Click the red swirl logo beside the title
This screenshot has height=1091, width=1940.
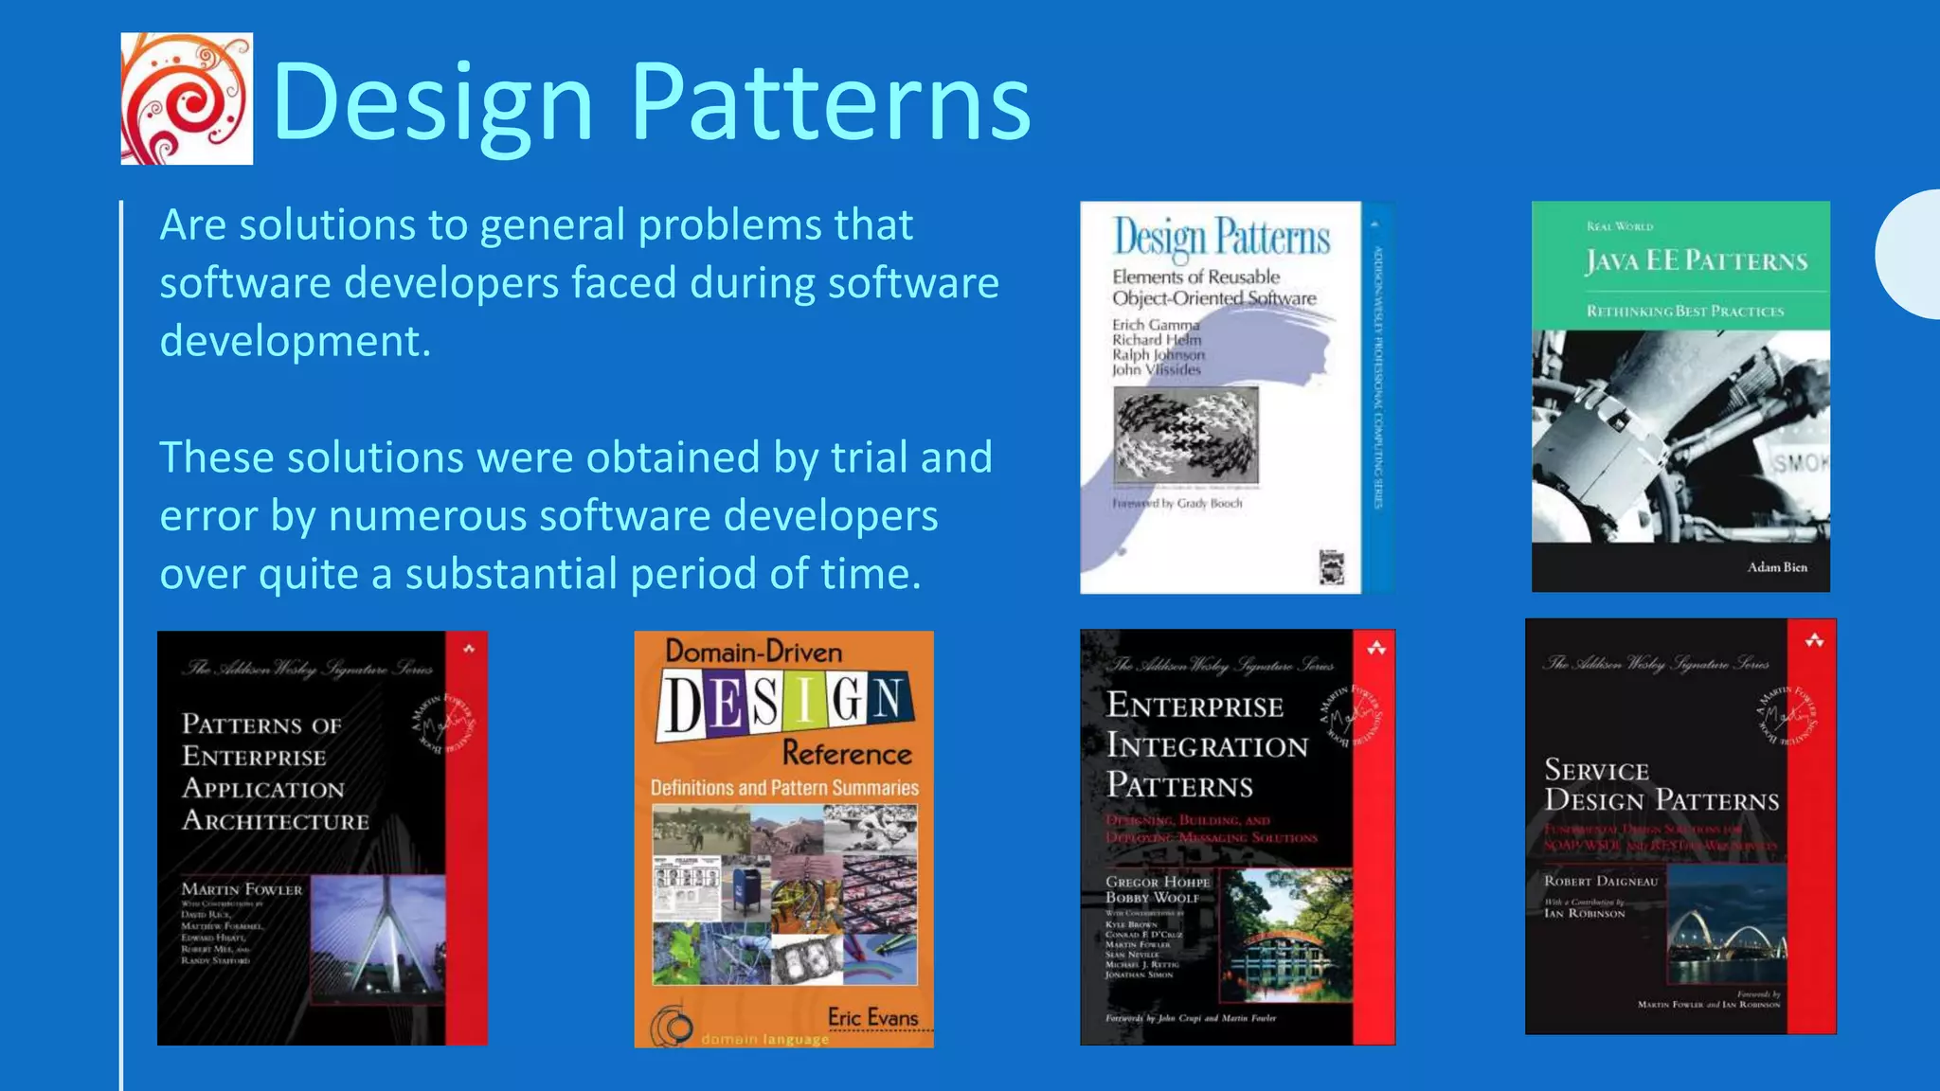click(187, 98)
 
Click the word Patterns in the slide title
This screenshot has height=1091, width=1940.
click(830, 102)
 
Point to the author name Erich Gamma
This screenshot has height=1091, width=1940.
click(1155, 325)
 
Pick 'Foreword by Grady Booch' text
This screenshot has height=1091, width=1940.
click(1177, 504)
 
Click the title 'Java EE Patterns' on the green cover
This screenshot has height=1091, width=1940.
click(1697, 260)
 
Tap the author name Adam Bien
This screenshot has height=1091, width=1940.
click(1777, 567)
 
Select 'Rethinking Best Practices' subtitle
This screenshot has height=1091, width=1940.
click(1685, 312)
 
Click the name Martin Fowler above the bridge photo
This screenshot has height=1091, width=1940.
click(242, 889)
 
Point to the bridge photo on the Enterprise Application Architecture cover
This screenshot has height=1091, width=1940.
click(377, 938)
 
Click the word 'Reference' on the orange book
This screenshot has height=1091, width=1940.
click(847, 754)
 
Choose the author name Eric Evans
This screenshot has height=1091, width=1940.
click(872, 1017)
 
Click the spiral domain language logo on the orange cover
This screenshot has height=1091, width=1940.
click(672, 1027)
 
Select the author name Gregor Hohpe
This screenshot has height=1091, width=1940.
click(1158, 882)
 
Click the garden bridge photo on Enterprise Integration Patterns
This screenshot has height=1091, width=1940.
click(1284, 936)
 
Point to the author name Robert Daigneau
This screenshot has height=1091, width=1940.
click(1601, 881)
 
